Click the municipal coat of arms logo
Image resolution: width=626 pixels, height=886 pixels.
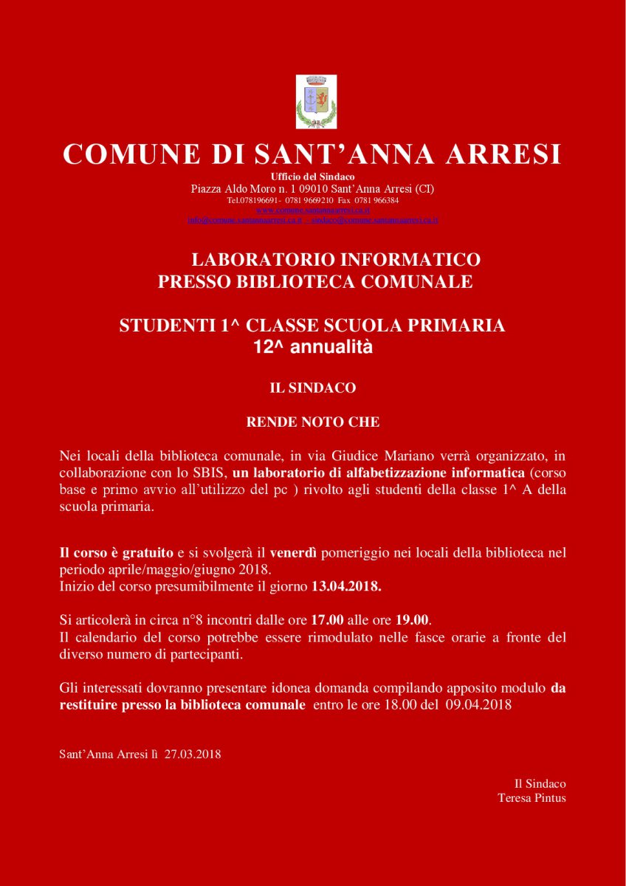click(x=316, y=102)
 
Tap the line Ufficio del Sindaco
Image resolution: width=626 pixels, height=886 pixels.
click(x=312, y=176)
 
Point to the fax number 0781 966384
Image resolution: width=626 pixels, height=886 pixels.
click(x=376, y=200)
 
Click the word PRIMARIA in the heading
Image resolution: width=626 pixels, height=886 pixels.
click(x=457, y=326)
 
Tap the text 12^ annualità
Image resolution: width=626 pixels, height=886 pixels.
click(x=312, y=347)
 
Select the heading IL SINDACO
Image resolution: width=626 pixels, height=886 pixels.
click(x=312, y=387)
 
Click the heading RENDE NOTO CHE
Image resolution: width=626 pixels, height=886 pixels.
click(x=312, y=422)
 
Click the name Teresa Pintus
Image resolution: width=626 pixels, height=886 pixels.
click(x=532, y=797)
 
